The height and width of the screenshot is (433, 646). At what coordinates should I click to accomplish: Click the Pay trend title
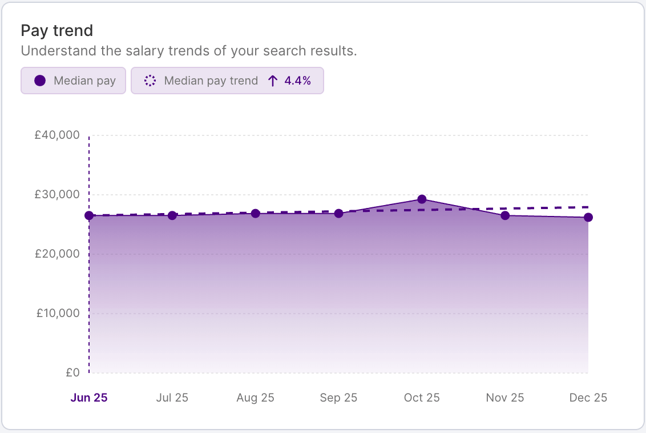click(56, 30)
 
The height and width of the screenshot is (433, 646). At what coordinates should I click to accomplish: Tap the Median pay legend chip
click(73, 81)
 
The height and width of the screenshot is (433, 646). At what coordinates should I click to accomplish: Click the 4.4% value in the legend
click(297, 81)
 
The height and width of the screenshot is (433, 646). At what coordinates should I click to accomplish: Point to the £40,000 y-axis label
click(56, 135)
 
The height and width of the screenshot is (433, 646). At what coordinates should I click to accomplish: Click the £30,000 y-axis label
click(56, 194)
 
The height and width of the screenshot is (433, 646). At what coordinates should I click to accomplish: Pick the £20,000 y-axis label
click(56, 254)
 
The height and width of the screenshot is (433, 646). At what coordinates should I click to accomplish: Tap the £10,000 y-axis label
click(56, 313)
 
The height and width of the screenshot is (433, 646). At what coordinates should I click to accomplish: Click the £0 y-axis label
click(72, 372)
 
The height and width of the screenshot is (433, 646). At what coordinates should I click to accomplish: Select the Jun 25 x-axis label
click(89, 398)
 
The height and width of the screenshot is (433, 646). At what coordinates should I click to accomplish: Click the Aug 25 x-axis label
click(255, 398)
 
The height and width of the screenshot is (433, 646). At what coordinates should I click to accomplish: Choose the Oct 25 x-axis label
click(422, 398)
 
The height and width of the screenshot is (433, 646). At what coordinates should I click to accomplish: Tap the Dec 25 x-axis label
click(588, 398)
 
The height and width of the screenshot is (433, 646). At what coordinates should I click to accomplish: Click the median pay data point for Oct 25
click(422, 199)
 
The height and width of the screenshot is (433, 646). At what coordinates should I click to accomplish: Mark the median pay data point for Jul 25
click(172, 215)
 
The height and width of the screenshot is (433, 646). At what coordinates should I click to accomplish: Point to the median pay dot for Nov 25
click(505, 215)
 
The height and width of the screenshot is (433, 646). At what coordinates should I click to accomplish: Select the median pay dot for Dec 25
click(588, 217)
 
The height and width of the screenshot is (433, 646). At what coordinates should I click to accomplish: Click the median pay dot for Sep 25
click(338, 214)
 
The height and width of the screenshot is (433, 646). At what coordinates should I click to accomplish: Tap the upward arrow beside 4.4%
click(273, 81)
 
